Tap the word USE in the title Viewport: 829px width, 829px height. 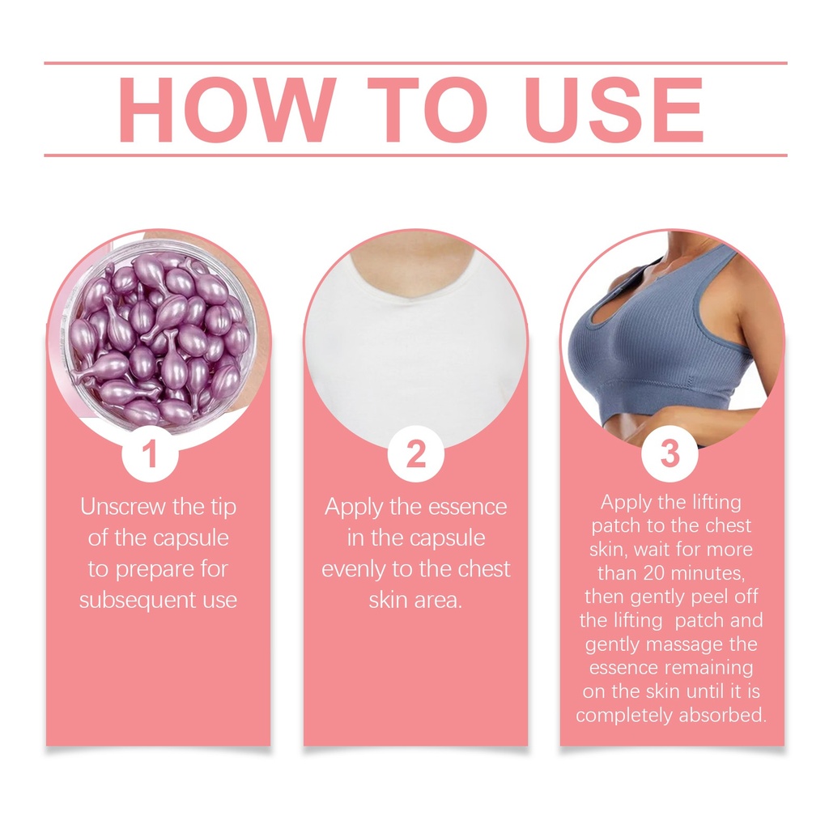coord(614,109)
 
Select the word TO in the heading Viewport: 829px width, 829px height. coord(427,109)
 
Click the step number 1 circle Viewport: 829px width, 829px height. coord(150,453)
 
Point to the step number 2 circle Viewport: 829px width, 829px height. coord(415,453)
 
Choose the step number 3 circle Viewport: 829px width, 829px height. coord(670,453)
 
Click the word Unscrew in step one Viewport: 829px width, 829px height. coord(123,507)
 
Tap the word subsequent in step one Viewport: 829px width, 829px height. coord(137,601)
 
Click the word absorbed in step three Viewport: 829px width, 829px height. coord(723,715)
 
